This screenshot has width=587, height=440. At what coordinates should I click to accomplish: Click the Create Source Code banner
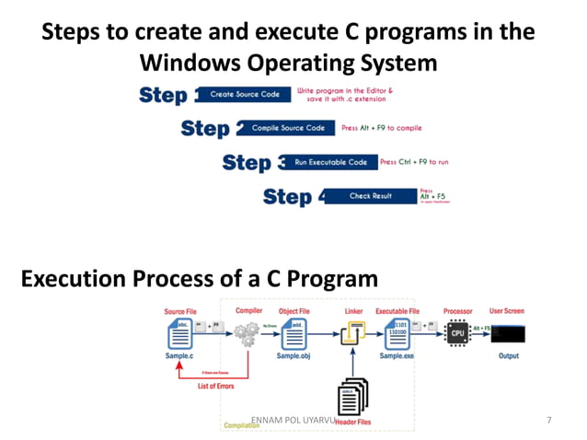pyautogui.click(x=245, y=95)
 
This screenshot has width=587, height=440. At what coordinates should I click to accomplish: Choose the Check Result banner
pyautogui.click(x=370, y=196)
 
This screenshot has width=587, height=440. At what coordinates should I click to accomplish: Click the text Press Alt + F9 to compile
pyautogui.click(x=382, y=128)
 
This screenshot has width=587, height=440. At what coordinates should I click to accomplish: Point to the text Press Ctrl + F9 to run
pyautogui.click(x=414, y=162)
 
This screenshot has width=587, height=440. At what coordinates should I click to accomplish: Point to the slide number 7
pyautogui.click(x=548, y=421)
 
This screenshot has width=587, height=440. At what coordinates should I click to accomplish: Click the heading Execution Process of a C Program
pyautogui.click(x=199, y=278)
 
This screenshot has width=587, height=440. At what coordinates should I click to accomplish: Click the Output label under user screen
pyautogui.click(x=508, y=355)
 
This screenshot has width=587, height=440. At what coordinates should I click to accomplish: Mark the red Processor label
pyautogui.click(x=457, y=311)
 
